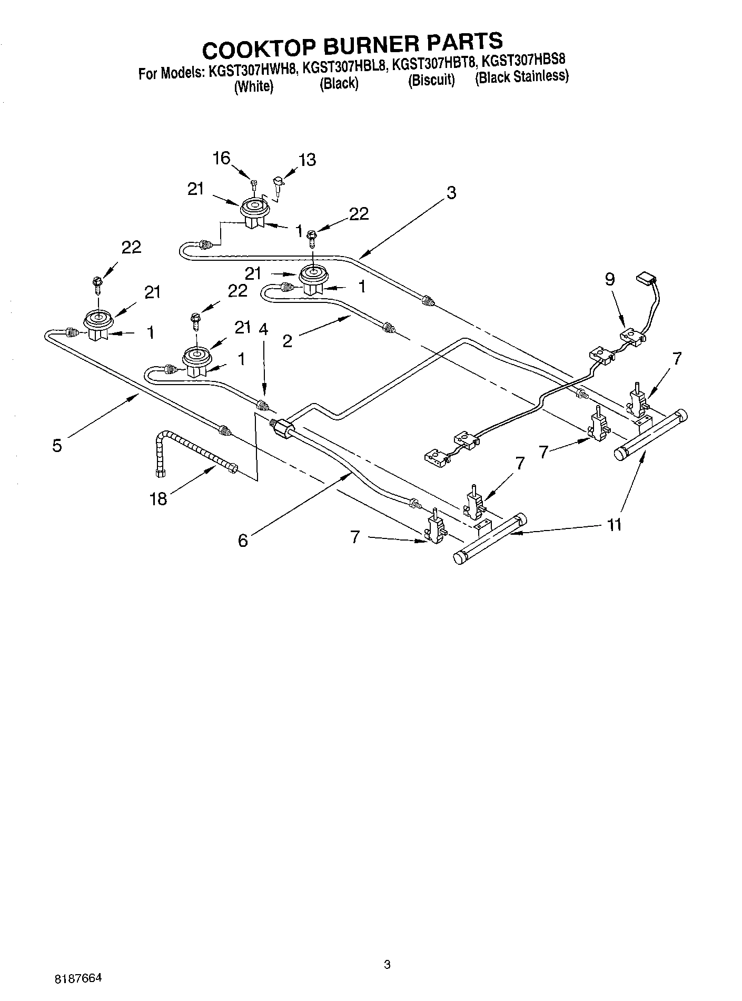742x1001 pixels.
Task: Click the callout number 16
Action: click(222, 158)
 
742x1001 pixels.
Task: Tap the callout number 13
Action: click(307, 160)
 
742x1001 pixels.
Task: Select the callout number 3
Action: click(451, 193)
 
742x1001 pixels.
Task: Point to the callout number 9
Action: click(609, 279)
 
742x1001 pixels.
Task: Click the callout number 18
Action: click(158, 498)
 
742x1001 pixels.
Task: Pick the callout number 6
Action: click(242, 540)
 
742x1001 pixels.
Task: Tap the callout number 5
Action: click(57, 445)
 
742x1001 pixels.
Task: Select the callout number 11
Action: click(614, 525)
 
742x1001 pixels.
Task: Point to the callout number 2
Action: click(287, 341)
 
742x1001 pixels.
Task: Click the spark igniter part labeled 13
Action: click(277, 184)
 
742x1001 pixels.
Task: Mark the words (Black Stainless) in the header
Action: click(521, 77)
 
